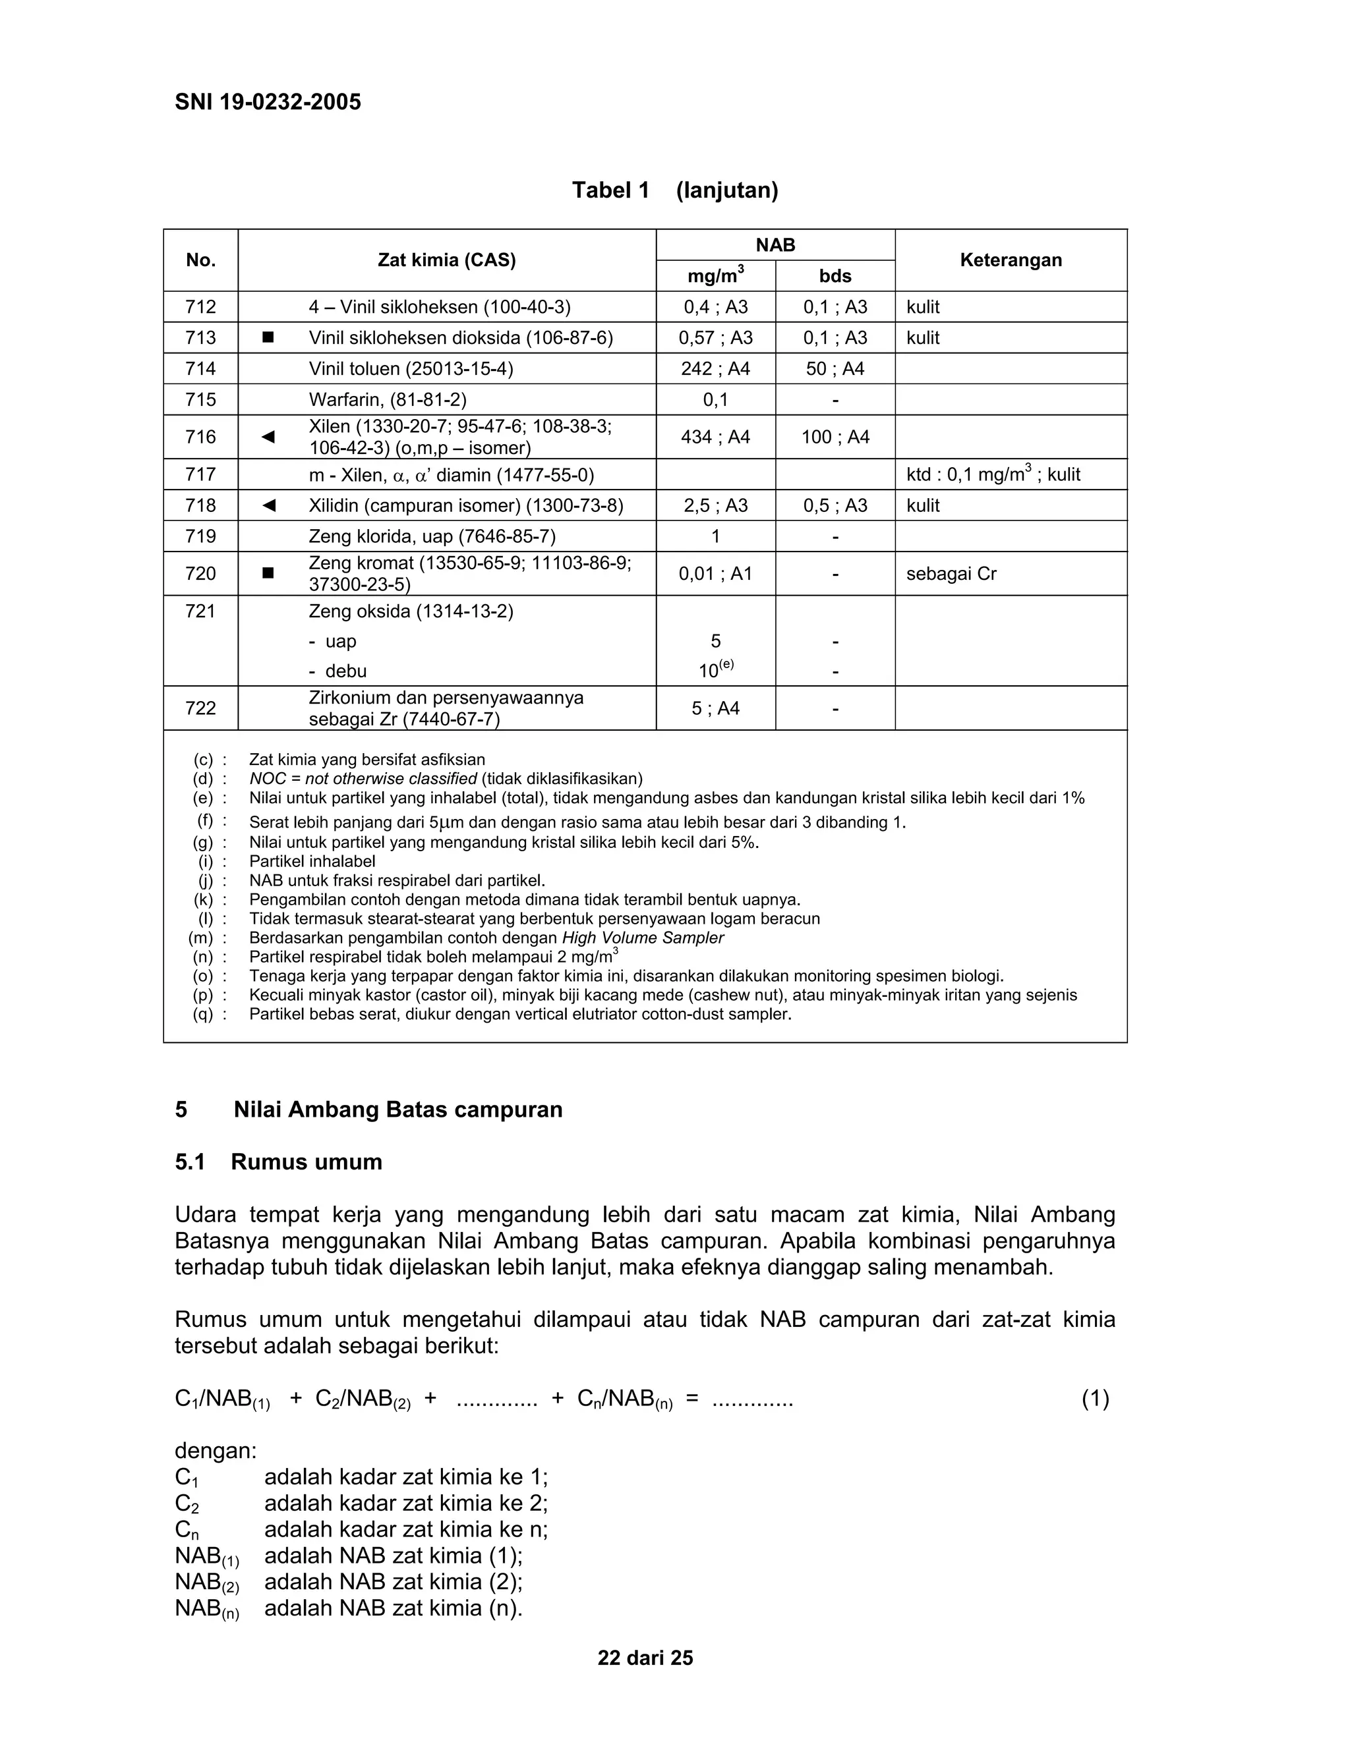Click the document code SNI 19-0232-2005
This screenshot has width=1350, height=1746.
(268, 102)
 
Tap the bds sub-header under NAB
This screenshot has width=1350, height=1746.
(835, 277)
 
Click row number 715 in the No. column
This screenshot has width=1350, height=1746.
(201, 400)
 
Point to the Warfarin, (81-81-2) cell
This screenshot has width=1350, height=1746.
(388, 400)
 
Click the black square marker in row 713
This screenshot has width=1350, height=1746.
(268, 338)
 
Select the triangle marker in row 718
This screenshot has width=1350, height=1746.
(268, 505)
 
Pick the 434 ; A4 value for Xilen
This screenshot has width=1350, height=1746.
(715, 436)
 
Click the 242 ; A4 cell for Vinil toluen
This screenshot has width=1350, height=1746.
(715, 368)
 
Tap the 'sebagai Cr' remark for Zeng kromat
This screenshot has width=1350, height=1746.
(951, 573)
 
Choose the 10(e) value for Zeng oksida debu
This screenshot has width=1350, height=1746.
(716, 670)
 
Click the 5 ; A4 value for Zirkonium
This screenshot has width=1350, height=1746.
(715, 708)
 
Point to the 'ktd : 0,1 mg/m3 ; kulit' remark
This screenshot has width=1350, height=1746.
(993, 475)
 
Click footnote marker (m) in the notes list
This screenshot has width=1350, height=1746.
(201, 938)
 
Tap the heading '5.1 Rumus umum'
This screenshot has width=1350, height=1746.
(278, 1162)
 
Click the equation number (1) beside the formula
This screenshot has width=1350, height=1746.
(1095, 1398)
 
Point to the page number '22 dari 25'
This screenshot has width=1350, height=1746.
(645, 1658)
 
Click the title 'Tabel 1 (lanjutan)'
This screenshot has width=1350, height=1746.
(675, 190)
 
